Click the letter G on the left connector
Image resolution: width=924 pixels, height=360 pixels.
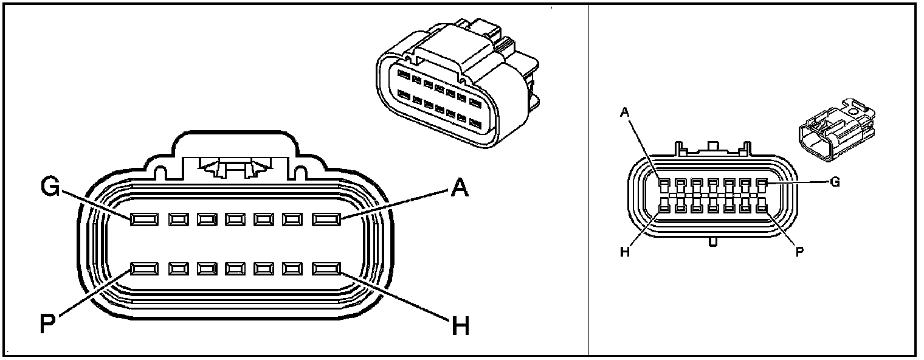[50, 187]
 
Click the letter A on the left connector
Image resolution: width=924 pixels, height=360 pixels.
[460, 189]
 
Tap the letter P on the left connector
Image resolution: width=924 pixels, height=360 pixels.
[48, 324]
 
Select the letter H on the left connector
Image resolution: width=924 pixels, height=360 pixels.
[461, 327]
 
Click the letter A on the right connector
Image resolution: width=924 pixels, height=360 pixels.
[624, 111]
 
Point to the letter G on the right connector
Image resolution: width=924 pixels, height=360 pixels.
[835, 182]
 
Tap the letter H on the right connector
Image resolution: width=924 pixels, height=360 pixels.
[624, 252]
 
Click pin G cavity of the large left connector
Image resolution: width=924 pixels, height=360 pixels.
[144, 219]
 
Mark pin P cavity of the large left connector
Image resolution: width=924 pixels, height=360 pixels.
[144, 268]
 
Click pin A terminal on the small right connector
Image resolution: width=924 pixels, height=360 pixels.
[664, 182]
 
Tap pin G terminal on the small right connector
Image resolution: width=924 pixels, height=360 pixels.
[761, 182]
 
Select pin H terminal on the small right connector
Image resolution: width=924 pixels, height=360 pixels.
[664, 208]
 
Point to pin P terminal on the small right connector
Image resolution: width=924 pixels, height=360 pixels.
[761, 208]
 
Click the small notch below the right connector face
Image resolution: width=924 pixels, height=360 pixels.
[712, 242]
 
